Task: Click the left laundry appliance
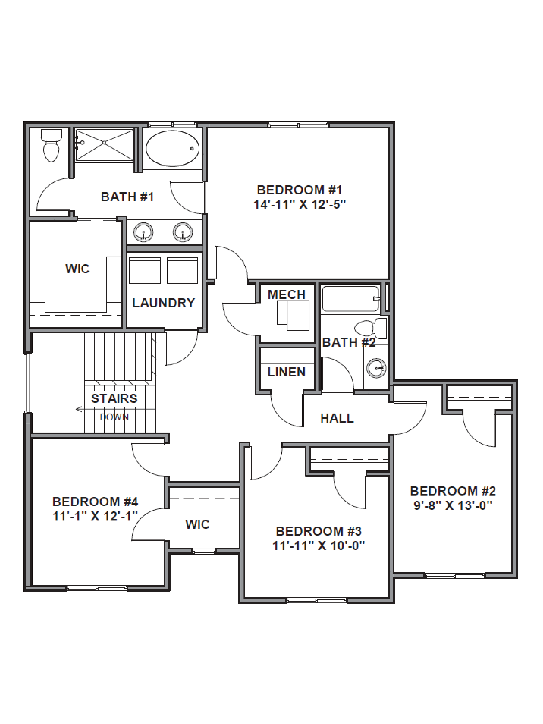tap(145, 270)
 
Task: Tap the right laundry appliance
tap(182, 270)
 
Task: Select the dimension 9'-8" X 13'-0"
tap(453, 506)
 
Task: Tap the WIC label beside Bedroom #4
tap(197, 524)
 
